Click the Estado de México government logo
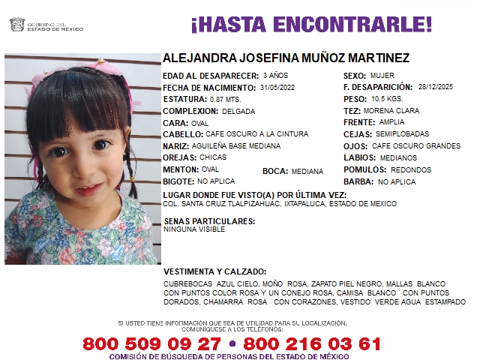(16, 25)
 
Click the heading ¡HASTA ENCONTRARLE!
(311, 24)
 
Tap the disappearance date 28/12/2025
(436, 87)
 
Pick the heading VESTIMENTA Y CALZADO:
(214, 271)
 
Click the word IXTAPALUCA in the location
(306, 204)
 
